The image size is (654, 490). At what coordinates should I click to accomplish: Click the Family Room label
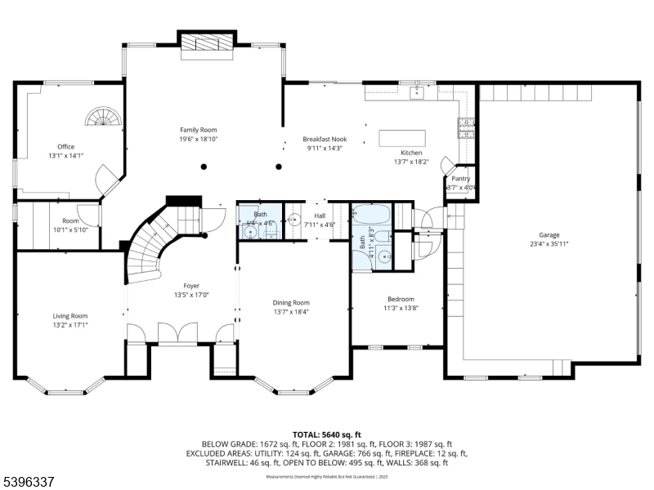click(x=199, y=130)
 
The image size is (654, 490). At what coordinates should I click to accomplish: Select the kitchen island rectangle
click(x=403, y=137)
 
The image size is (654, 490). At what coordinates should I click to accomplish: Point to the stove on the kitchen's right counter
click(x=465, y=126)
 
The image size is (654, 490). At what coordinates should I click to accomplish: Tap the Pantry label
click(x=461, y=179)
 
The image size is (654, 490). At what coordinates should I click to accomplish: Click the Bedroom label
click(x=401, y=299)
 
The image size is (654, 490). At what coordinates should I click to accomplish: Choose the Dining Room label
click(x=291, y=302)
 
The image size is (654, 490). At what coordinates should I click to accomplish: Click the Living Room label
click(x=69, y=315)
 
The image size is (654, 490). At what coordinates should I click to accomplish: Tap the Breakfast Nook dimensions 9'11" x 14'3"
click(x=325, y=148)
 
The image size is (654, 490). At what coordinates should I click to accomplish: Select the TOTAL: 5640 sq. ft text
click(x=327, y=434)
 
